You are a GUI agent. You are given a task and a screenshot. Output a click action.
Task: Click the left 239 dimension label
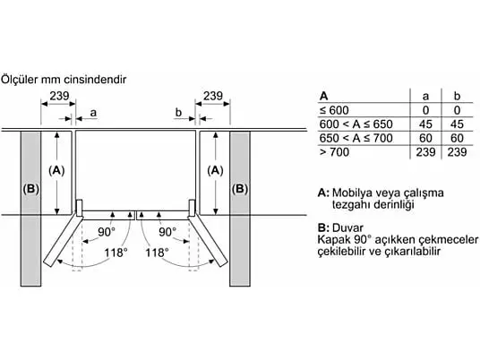59,96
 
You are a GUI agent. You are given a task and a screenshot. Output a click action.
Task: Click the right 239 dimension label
213,96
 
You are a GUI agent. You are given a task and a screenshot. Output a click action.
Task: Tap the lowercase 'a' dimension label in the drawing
93,113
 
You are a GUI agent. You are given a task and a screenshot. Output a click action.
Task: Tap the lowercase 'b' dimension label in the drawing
178,113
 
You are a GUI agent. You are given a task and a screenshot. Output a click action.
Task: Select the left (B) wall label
31,189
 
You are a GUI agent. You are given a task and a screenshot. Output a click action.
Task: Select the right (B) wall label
240,189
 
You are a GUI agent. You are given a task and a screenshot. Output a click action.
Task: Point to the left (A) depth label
56,170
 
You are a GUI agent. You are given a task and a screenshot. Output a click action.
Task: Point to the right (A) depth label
215,170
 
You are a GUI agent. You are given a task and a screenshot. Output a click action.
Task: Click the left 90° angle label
107,232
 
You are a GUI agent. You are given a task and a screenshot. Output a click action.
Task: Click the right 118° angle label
157,253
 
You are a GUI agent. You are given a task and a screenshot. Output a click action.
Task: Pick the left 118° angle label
116,253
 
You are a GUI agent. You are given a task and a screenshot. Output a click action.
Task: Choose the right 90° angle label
167,232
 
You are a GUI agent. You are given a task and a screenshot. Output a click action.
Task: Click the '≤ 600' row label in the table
334,110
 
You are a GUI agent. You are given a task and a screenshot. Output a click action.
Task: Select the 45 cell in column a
425,124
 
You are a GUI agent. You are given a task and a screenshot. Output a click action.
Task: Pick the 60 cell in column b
457,138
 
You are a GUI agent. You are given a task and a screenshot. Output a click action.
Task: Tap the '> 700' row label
334,152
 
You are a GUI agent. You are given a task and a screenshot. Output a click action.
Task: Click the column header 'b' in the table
457,96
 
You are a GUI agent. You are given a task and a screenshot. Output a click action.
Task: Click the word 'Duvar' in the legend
347,228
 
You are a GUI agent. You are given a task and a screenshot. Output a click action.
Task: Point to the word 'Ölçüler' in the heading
20,80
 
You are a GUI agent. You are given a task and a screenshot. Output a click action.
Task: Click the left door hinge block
80,208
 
